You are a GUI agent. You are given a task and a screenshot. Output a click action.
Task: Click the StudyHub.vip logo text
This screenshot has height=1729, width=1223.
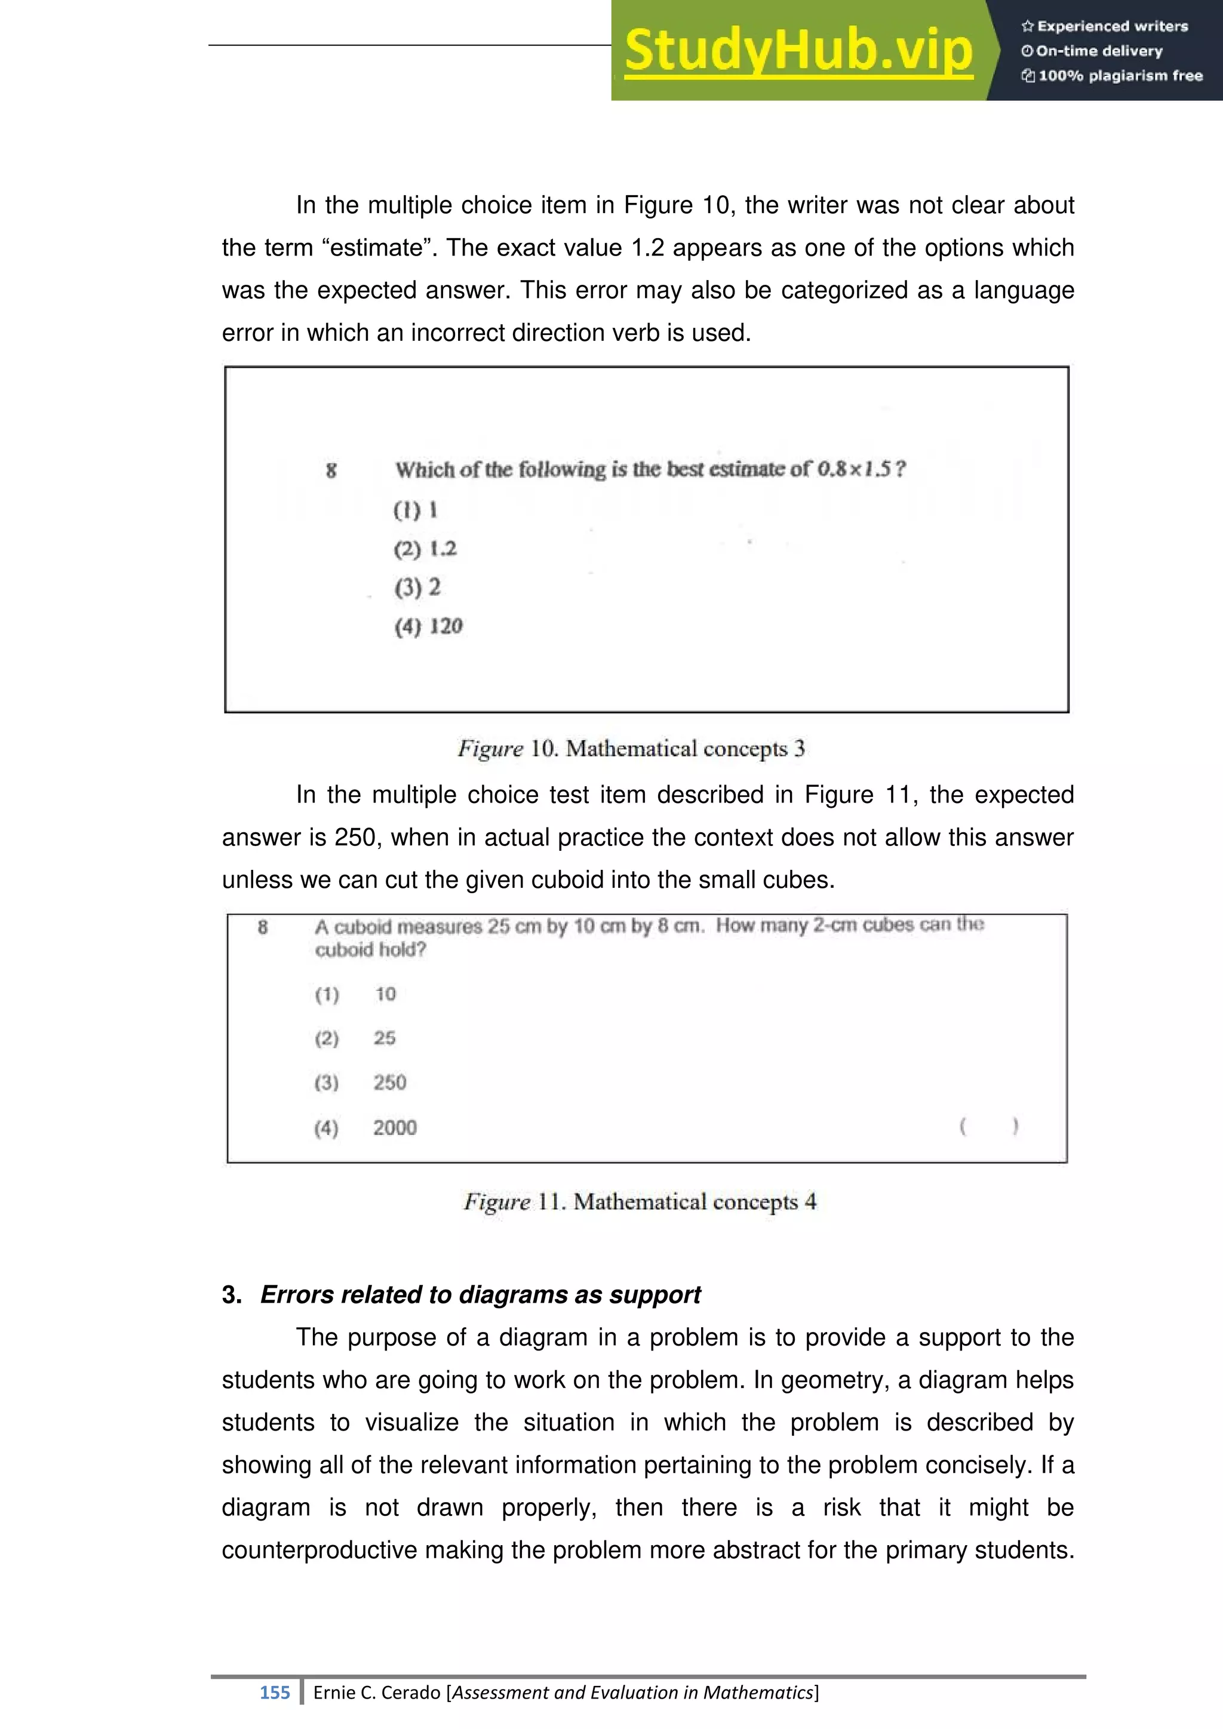coord(798,51)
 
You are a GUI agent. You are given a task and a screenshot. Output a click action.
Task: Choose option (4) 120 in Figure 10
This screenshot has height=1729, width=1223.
coord(429,626)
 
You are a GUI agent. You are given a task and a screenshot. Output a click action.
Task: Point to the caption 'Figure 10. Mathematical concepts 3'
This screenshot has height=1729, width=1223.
coord(631,749)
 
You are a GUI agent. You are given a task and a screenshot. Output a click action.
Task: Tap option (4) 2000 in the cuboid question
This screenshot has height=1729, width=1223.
coord(365,1128)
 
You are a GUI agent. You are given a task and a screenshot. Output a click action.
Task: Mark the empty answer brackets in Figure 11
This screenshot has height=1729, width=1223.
coord(989,1127)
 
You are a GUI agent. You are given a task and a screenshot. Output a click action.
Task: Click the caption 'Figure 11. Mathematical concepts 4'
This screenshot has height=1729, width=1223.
coord(640,1201)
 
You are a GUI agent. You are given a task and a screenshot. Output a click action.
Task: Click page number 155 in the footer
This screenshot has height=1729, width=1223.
coord(274,1693)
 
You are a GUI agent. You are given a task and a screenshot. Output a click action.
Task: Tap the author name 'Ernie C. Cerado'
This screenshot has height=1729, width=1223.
coord(377,1693)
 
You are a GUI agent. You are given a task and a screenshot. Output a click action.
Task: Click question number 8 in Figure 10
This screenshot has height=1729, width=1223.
coord(331,470)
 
